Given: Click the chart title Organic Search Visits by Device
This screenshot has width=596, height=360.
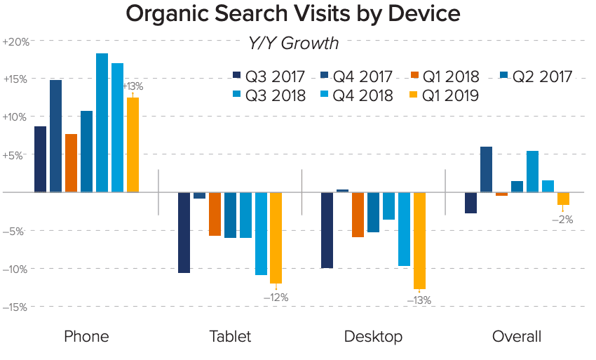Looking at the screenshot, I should pos(293,14).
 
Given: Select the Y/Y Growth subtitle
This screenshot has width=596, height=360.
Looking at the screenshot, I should pos(293,44).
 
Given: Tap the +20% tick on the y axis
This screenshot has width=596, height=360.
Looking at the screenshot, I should pos(16,41).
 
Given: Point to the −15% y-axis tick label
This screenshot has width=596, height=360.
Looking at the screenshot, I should pos(15,307).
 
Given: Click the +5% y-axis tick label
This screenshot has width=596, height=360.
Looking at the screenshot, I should pos(18,155).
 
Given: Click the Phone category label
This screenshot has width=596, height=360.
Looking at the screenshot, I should pos(86,337).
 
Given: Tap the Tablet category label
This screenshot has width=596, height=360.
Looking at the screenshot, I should pos(229,337).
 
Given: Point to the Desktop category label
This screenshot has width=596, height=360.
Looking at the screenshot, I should pos(373,337).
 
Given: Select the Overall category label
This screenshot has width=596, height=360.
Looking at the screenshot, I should pos(517,337).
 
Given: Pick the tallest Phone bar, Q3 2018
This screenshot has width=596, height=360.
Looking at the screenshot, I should pos(102,123).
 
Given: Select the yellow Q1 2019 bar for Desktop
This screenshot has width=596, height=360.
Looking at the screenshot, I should pos(420,241).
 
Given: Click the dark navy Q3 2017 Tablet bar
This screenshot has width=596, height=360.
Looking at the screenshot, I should pos(184,232).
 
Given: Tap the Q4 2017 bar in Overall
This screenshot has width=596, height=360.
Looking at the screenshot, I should pos(486,169).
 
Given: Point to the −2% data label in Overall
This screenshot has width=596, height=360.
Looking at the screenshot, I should pos(562,219).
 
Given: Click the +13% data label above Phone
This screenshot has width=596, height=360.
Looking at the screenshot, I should pos(133,86).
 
